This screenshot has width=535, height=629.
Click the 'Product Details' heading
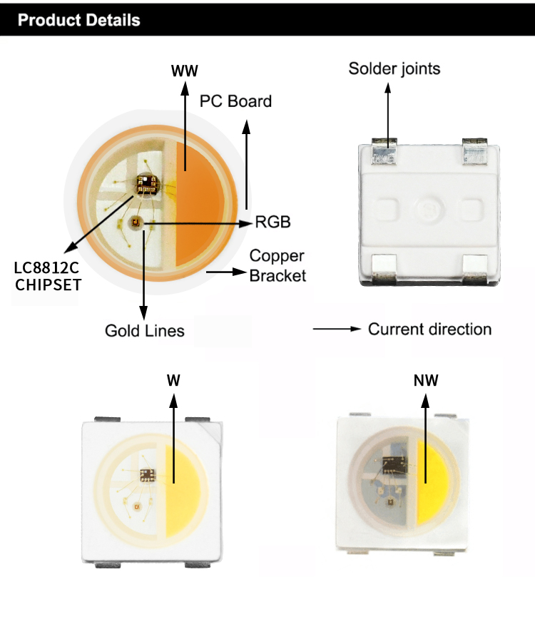point(79,19)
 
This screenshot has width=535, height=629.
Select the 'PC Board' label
point(235,101)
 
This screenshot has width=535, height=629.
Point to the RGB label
point(273,223)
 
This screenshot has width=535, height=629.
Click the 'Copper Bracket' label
point(277,265)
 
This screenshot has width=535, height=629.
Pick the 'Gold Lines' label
point(144,331)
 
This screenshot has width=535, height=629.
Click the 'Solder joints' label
point(394,68)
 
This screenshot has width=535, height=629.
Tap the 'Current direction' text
point(429,329)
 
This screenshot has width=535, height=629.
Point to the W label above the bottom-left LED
point(173,380)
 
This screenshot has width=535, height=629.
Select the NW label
point(426,380)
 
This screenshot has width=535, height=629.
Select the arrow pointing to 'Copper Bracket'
point(225,272)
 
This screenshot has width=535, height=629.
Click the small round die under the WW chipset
point(134,224)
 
